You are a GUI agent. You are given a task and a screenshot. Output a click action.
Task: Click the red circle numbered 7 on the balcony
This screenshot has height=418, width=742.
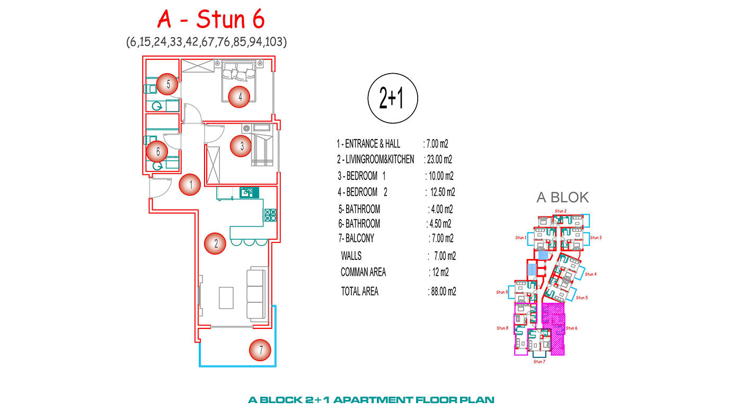tap(260, 350)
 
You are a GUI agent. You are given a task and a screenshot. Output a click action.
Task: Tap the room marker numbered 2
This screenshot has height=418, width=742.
tap(215, 243)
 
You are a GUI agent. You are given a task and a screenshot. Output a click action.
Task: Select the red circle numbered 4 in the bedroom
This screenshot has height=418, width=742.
tap(239, 97)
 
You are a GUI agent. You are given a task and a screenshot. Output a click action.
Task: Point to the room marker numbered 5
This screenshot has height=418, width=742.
tap(167, 84)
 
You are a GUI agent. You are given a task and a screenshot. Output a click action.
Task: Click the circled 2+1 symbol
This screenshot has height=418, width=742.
tap(393, 98)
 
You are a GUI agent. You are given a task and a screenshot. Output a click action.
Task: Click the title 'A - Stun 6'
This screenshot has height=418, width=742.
tap(211, 19)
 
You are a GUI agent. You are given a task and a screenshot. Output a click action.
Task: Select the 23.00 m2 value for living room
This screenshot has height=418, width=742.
tap(439, 160)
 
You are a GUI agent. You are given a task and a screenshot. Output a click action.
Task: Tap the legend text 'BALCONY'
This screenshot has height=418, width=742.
tap(360, 238)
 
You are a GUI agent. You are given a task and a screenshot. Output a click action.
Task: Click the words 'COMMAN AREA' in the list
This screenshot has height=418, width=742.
tap(364, 272)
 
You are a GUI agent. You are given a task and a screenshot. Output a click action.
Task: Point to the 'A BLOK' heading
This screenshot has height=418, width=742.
tap(563, 197)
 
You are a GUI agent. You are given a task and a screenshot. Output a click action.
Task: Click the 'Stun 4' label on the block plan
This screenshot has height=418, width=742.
tap(590, 274)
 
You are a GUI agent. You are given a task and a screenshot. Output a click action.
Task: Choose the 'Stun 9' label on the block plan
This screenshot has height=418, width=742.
tap(502, 292)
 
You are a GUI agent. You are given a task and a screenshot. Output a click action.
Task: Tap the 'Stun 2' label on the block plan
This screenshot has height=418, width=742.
tap(561, 211)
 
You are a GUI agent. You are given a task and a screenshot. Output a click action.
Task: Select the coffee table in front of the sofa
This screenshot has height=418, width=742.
tap(226, 298)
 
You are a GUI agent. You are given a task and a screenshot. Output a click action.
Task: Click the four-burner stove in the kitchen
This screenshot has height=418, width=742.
tap(270, 215)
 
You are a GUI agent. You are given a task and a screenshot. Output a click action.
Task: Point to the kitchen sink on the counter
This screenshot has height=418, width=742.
tap(249, 193)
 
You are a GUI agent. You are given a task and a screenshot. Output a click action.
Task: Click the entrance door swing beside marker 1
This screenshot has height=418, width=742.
tap(160, 188)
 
